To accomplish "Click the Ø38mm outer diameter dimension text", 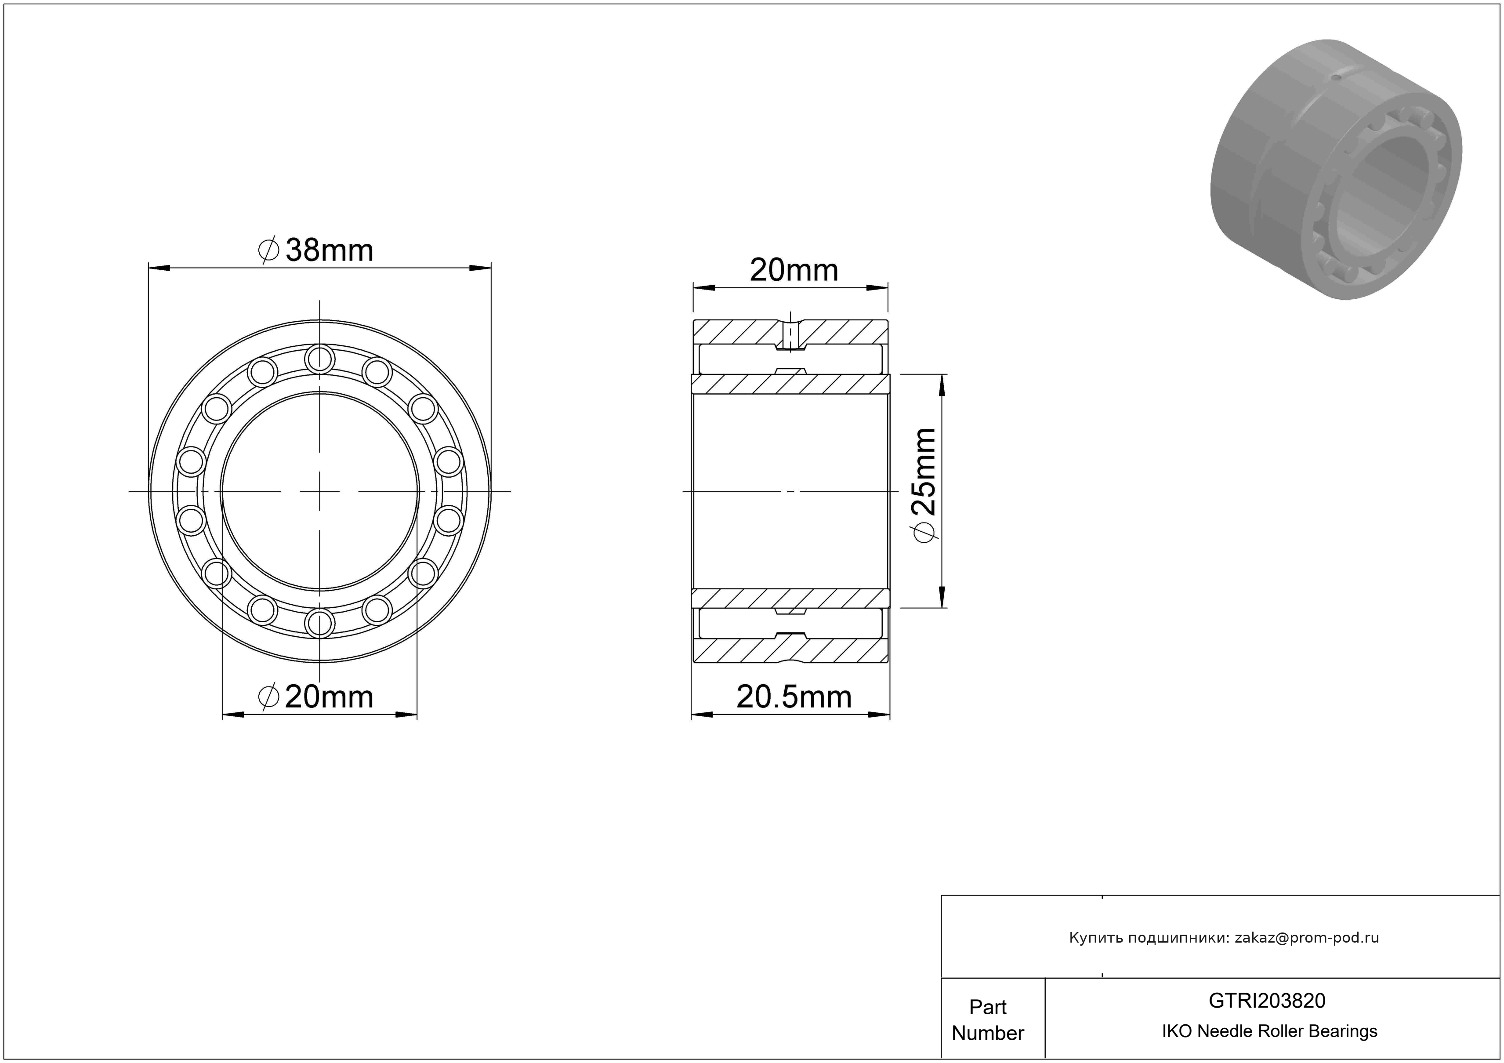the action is pyautogui.click(x=316, y=250).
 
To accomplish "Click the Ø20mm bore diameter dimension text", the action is pyautogui.click(x=316, y=697).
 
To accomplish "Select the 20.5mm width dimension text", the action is pyautogui.click(x=794, y=697).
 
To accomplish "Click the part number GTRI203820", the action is pyautogui.click(x=1267, y=1001).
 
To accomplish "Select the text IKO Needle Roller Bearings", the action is pyautogui.click(x=1269, y=1031).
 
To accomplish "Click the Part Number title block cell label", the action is pyautogui.click(x=988, y=1020).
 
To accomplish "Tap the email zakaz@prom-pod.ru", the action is pyautogui.click(x=1307, y=938).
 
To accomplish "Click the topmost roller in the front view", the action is pyautogui.click(x=320, y=359).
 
